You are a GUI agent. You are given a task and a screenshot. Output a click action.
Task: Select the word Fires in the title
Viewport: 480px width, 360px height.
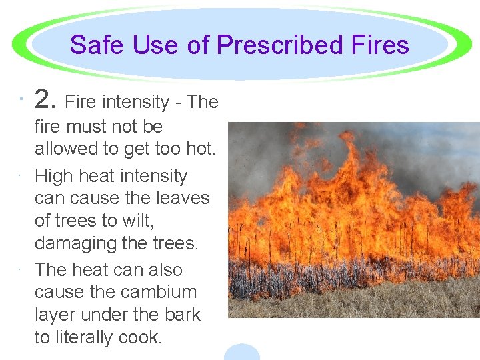(x=382, y=45)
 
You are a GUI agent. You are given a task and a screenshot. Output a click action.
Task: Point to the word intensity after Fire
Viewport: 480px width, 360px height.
(x=135, y=102)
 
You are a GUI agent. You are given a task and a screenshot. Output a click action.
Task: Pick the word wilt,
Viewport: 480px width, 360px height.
(x=137, y=221)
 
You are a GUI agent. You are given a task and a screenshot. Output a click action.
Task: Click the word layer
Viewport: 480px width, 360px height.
(x=57, y=315)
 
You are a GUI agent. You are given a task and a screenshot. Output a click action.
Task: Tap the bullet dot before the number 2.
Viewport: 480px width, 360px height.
(x=21, y=100)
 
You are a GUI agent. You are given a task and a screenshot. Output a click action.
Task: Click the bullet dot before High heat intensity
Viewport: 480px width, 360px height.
(x=21, y=176)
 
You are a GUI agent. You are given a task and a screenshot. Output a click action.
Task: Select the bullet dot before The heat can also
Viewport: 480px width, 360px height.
(x=21, y=269)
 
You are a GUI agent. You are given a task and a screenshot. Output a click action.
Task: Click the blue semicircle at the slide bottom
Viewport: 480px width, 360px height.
(x=241, y=353)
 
